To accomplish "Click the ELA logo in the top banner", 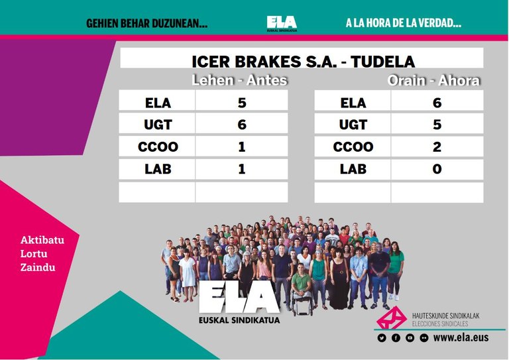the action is [282, 23].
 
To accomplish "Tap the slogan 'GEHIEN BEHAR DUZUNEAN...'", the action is [146, 23].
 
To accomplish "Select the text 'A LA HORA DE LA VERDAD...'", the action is [404, 23].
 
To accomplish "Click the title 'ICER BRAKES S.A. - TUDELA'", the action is [304, 62].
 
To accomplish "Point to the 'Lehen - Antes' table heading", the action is [239, 80].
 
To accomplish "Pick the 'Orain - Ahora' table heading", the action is [433, 80].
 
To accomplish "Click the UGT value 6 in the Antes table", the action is [242, 125].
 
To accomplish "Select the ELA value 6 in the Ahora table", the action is [437, 103].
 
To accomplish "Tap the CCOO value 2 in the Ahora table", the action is [437, 147].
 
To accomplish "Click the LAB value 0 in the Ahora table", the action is [437, 169].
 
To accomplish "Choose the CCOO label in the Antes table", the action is [158, 147].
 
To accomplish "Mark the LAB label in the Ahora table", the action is [353, 169].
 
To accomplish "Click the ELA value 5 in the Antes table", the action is [242, 103].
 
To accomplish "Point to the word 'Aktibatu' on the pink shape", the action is [42, 240].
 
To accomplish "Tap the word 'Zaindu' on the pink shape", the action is [38, 267].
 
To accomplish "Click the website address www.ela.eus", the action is [461, 337].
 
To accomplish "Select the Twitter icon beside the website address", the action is [382, 338].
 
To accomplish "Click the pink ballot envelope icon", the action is [392, 318].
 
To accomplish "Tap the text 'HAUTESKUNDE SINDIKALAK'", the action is [445, 316].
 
